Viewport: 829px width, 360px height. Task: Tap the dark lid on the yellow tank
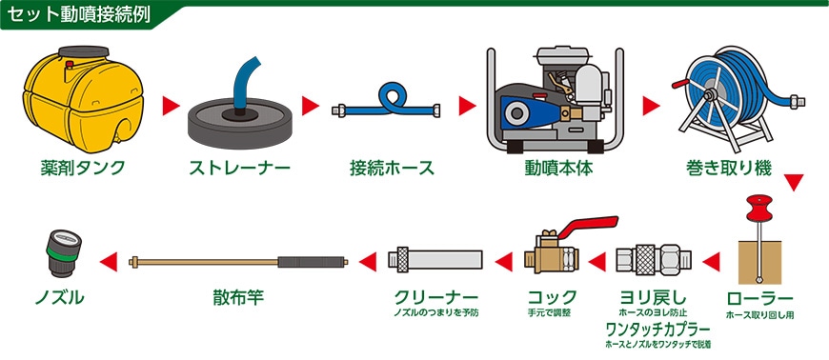(84, 51)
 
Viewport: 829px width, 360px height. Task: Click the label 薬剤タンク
(83, 168)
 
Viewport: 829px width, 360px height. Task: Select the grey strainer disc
(240, 122)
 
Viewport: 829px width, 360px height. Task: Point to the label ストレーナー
(240, 168)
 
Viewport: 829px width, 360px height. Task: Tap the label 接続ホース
(392, 168)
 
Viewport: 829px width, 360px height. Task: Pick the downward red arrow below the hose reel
(794, 182)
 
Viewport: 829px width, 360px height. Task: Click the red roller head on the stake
(759, 208)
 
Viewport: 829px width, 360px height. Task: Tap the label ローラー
(759, 298)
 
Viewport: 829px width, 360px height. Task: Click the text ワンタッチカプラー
(657, 330)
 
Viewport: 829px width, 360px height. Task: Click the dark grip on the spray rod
(311, 261)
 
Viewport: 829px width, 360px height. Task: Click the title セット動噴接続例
(80, 15)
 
